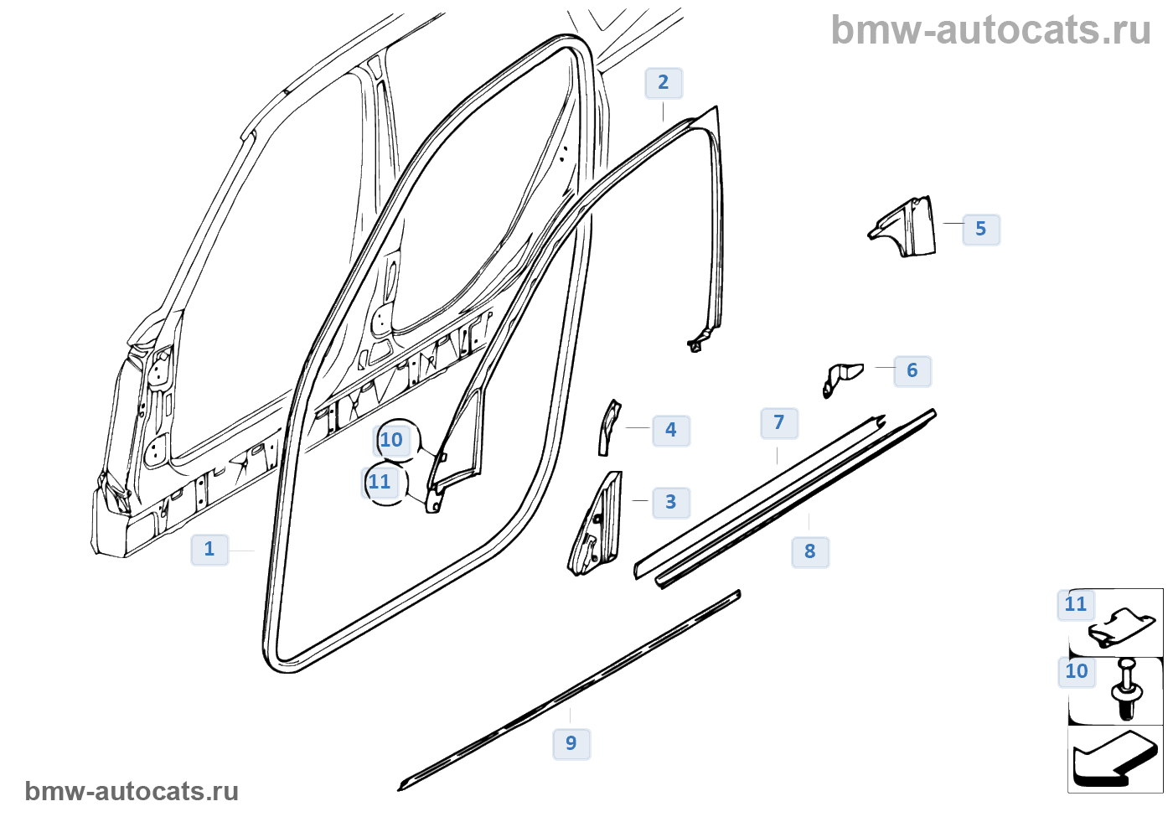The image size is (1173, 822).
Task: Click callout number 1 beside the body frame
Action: click(209, 550)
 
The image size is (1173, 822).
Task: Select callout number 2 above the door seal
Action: click(664, 83)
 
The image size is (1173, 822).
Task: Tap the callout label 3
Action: click(671, 503)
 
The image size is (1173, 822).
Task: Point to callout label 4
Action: click(671, 431)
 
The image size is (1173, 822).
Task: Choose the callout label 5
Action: click(981, 230)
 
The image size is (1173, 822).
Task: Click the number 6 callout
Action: click(912, 371)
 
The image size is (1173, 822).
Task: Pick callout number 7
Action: click(779, 423)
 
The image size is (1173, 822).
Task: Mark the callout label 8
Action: click(810, 552)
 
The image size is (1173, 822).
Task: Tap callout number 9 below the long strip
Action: click(571, 744)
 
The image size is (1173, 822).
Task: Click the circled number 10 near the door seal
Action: click(391, 441)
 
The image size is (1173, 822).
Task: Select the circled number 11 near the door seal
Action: click(380, 483)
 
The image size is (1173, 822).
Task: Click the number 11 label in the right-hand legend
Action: click(1076, 604)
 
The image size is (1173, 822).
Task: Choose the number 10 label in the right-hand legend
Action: click(1077, 672)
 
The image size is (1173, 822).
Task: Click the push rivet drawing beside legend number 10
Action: click(1127, 688)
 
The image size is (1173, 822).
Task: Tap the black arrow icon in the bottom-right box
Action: click(1114, 758)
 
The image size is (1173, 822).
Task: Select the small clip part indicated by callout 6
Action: click(840, 376)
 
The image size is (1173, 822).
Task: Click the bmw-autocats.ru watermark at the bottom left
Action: click(132, 792)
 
